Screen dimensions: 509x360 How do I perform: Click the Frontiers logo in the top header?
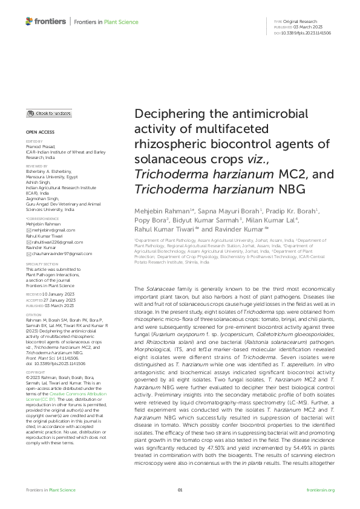coord(45,22)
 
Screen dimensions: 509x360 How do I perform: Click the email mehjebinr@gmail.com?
coord(53,230)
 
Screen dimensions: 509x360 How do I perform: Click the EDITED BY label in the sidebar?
coord(34,141)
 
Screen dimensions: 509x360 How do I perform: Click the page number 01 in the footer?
coord(180,490)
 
